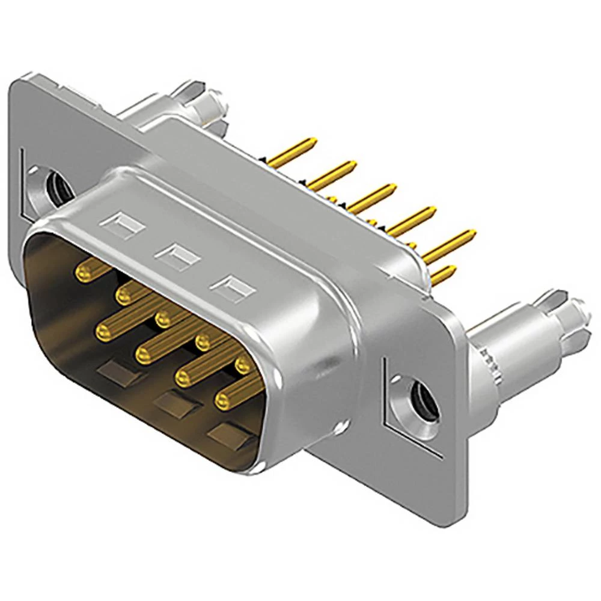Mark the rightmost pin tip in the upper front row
pyautogui.click(x=243, y=364)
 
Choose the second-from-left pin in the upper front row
pyautogui.click(x=125, y=294)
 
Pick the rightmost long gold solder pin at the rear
pyautogui.click(x=451, y=243)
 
